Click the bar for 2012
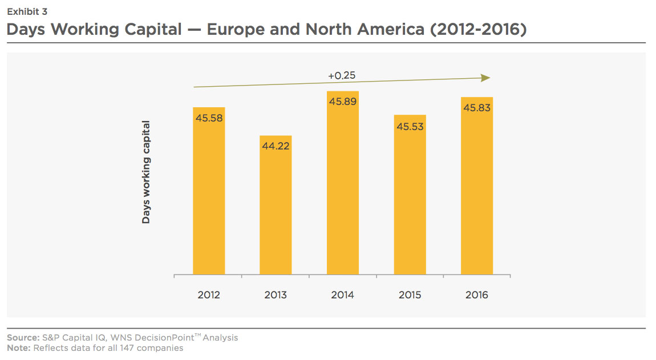pos(209,194)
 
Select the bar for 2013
pos(276,208)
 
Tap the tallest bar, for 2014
pos(343,185)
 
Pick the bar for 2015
pos(410,197)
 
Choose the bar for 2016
pos(477,188)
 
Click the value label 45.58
pos(209,119)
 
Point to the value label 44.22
pos(276,147)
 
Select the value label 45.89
pos(343,102)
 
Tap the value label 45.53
pos(410,126)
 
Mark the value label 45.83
pos(477,108)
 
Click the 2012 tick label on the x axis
pos(209,295)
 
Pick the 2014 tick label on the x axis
pos(343,295)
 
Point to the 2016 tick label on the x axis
pos(477,295)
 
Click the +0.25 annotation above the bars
pos(342,75)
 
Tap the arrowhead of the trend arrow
pos(486,78)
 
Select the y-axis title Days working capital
pos(146,172)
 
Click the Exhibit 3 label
pos(27,11)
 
